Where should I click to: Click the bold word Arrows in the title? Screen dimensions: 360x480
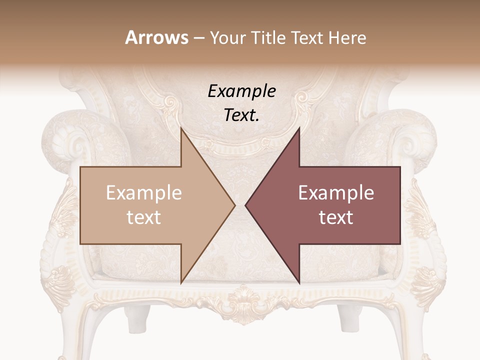coord(157,38)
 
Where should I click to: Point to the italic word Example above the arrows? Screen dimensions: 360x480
coord(242,91)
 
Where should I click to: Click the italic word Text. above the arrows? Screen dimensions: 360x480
coord(242,115)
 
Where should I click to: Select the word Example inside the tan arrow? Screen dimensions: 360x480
coord(144,193)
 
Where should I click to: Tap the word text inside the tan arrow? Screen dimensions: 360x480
coord(144,217)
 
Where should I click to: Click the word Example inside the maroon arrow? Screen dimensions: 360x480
coord(336,193)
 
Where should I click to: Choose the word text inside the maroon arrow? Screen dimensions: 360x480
coord(336,217)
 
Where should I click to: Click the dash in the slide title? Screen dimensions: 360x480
coord(198,38)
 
